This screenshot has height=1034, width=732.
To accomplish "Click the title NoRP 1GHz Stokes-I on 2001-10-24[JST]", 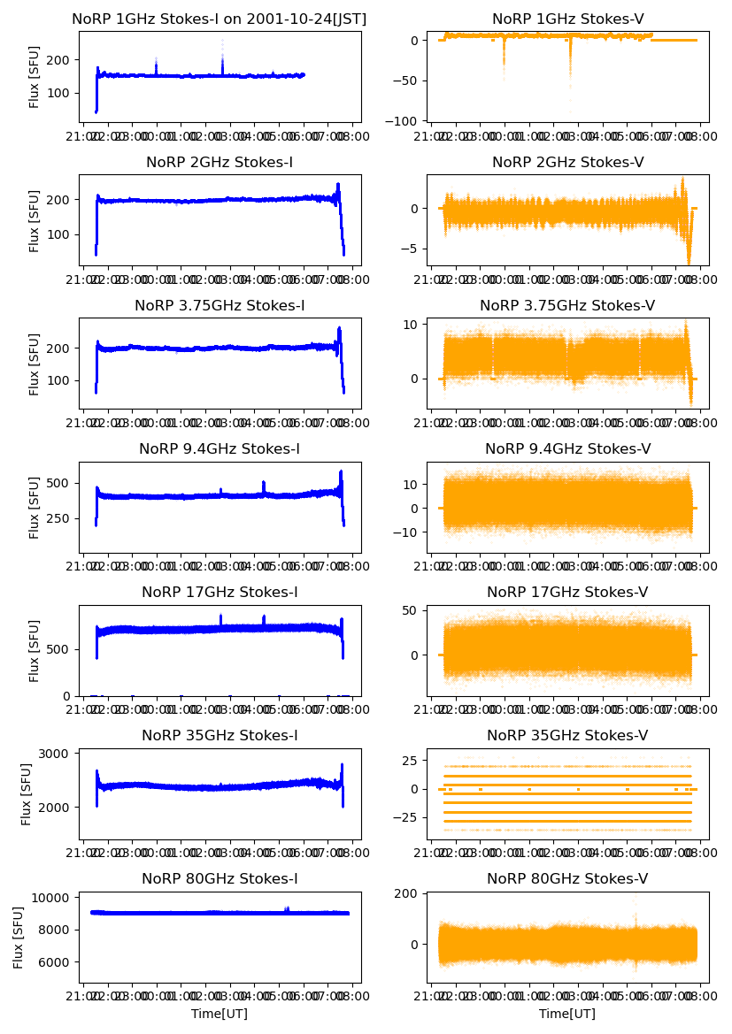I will click(x=220, y=19).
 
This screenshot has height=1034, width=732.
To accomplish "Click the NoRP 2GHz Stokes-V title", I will click(x=567, y=162).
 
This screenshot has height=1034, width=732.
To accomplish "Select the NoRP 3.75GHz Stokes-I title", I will click(x=220, y=305).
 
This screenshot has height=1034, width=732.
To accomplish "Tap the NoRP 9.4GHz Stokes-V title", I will click(x=567, y=448).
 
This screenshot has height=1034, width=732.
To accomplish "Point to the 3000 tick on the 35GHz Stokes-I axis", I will click(x=57, y=754).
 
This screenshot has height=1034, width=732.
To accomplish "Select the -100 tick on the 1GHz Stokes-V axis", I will click(x=404, y=121).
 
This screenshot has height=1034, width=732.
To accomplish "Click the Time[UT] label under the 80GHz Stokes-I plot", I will click(x=220, y=1014).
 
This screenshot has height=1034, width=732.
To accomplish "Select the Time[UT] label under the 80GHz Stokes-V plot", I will click(x=567, y=1014).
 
